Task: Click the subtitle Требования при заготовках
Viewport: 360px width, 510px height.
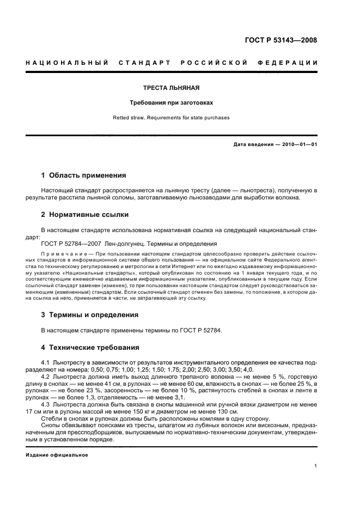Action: (171, 102)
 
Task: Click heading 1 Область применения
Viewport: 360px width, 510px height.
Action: (84, 175)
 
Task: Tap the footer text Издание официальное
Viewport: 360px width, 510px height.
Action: (57, 454)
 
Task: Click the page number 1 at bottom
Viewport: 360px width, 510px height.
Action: (315, 466)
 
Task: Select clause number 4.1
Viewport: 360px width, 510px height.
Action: (46, 362)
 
